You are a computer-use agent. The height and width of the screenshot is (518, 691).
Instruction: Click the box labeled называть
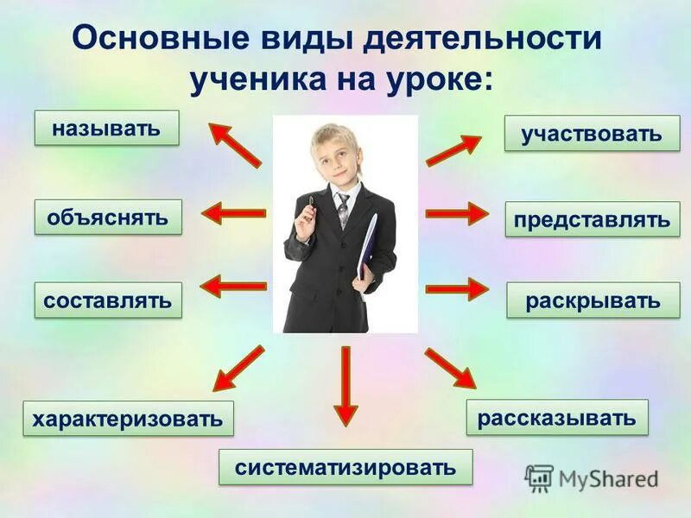click(106, 128)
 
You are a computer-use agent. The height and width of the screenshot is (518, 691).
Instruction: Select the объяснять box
click(108, 217)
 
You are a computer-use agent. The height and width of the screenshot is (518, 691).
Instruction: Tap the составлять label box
click(108, 300)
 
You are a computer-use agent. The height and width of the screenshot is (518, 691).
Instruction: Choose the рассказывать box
click(557, 417)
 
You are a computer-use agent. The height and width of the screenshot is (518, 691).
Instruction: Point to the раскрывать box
click(593, 300)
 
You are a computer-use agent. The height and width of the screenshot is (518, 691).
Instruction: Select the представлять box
click(592, 219)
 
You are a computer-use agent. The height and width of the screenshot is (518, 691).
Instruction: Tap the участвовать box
click(592, 134)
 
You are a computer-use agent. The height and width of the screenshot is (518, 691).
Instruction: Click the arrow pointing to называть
click(235, 143)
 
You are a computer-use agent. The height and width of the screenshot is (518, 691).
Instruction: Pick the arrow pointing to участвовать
click(453, 150)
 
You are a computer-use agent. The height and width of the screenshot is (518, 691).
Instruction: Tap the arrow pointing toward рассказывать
click(450, 367)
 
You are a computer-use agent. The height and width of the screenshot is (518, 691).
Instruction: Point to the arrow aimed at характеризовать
click(238, 369)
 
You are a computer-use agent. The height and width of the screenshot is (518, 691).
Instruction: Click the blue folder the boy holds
click(370, 250)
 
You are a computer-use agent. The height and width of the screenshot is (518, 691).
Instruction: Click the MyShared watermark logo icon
click(539, 477)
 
